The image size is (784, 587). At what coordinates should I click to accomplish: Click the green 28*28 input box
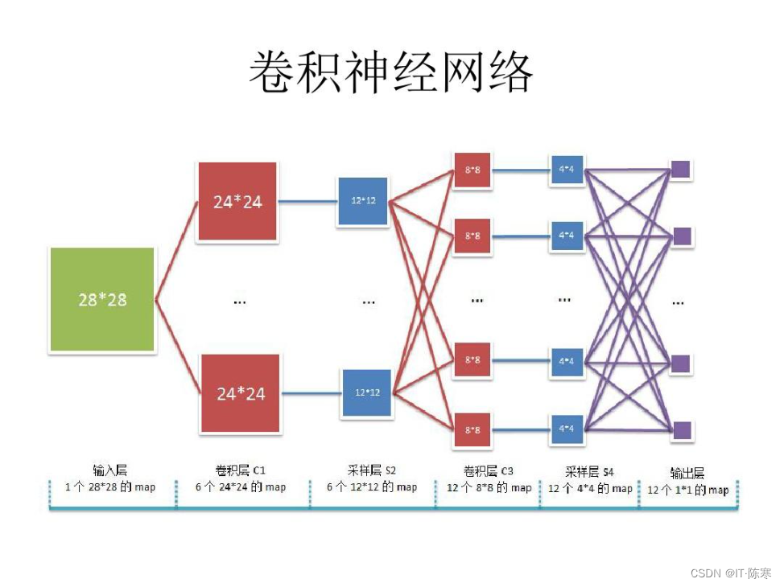(102, 300)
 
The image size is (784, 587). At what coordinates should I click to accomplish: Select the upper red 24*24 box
(237, 202)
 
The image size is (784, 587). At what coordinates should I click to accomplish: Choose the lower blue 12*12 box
(367, 393)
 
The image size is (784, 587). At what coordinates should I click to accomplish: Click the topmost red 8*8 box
(472, 170)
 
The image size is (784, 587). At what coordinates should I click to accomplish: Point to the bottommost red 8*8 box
(472, 430)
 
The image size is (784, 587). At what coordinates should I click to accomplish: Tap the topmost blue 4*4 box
(566, 170)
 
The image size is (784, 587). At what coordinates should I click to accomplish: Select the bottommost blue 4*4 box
(566, 428)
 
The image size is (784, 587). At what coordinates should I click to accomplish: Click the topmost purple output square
(681, 170)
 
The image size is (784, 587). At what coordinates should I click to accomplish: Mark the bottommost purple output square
(681, 429)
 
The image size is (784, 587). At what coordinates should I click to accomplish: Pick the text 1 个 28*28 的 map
(110, 487)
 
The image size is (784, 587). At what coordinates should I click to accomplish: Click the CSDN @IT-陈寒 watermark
(731, 573)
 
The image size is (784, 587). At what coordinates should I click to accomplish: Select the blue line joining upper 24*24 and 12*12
(307, 202)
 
